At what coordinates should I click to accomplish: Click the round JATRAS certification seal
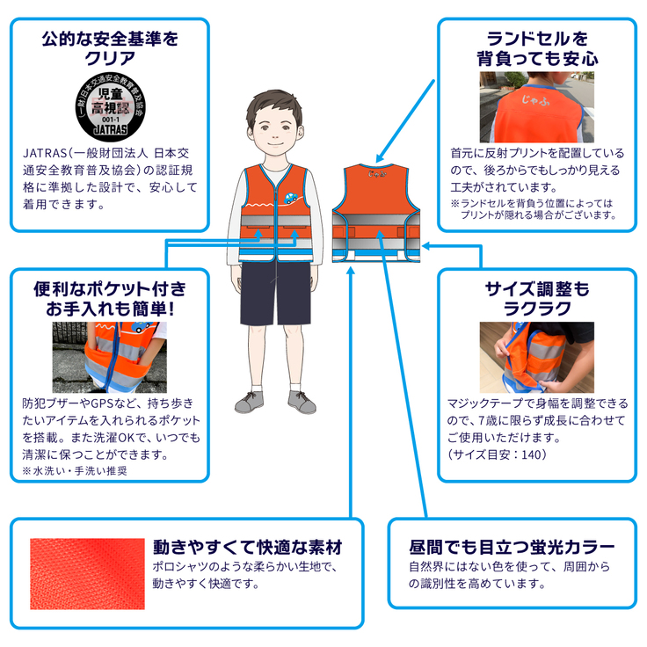pos(110,108)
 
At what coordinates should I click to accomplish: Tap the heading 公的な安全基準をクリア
pos(110,48)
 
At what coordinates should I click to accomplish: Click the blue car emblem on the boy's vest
pos(291,197)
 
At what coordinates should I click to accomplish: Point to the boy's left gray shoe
pos(302,402)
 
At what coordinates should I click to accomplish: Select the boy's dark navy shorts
pos(275,293)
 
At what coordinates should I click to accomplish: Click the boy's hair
pos(274,106)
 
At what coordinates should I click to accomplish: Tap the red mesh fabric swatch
pos(88,573)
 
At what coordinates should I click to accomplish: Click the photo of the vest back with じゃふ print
pos(537,107)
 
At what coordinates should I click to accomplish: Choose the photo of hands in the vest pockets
pos(110,357)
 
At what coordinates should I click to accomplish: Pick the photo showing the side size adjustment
pos(537,357)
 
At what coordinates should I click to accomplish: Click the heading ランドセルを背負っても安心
pos(537,48)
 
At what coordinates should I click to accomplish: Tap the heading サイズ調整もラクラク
pos(537,299)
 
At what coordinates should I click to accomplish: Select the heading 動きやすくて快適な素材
pos(248,547)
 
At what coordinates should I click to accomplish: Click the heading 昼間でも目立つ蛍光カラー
pos(513,547)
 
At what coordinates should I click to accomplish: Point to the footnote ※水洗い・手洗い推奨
pos(75,471)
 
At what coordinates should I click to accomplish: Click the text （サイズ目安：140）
pos(498,454)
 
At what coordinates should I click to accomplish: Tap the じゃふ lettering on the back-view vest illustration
pos(377,174)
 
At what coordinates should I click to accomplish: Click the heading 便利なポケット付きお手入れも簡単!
pos(110,299)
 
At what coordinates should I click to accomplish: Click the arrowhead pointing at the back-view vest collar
pos(380,157)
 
